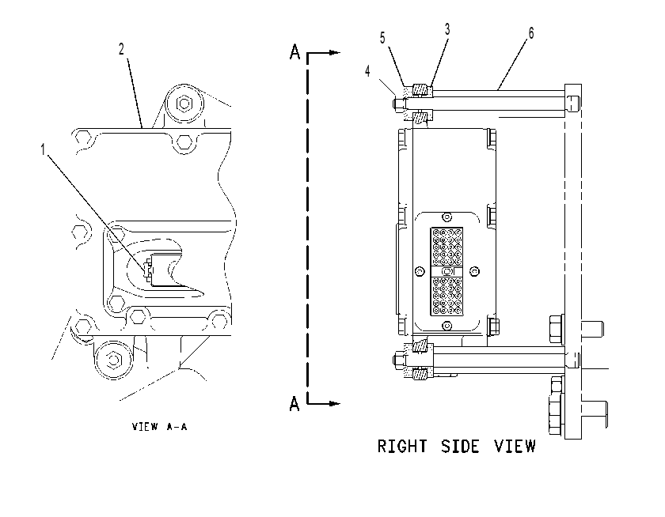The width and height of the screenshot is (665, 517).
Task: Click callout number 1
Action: coord(43,149)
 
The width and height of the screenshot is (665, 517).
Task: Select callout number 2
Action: coord(121,49)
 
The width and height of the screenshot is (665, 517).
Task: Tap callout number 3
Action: coord(447,29)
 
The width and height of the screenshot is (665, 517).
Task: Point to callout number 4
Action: coord(367,71)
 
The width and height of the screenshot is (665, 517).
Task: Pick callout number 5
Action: coord(382,38)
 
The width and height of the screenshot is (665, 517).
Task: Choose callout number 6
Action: coord(531,33)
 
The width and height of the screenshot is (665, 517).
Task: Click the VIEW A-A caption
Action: coord(159,426)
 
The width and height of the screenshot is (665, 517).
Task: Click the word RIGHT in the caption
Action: coord(402,447)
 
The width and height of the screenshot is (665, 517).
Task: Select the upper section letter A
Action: coord(294,52)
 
